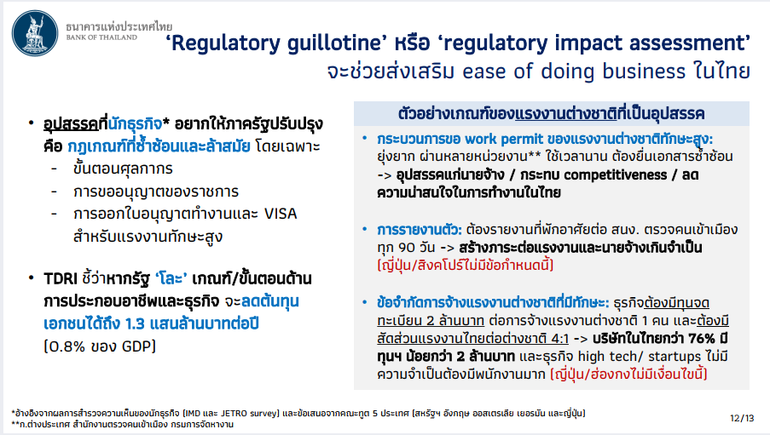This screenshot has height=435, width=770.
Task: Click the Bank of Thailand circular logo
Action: click(35, 33)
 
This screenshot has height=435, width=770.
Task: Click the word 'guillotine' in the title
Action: click(334, 43)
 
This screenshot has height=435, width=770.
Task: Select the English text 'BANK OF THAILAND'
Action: click(101, 37)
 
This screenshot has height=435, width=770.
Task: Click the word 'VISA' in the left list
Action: click(281, 214)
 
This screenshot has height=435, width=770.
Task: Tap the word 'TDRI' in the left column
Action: click(61, 279)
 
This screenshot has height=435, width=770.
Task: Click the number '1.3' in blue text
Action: click(135, 323)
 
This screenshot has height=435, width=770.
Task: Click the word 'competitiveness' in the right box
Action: click(616, 175)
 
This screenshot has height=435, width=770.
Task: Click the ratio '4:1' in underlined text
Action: click(559, 339)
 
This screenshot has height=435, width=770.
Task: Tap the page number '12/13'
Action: click(742, 418)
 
